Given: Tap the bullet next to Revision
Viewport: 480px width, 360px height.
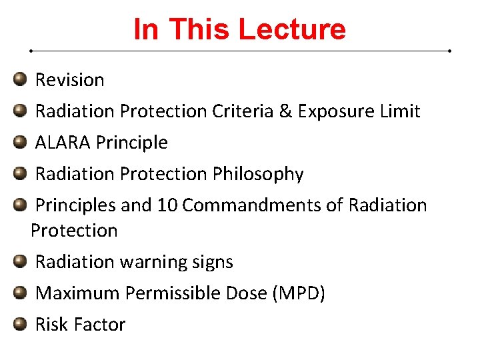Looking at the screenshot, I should tap(20, 80).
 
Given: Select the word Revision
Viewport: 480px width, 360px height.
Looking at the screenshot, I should tap(69, 80).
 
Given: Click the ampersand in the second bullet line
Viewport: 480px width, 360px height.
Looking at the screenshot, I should tap(285, 111).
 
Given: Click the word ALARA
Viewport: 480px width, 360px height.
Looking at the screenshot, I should tap(63, 143).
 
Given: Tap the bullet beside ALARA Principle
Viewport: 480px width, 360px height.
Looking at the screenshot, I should tap(20, 143).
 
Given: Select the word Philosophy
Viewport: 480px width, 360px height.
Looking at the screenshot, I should tap(258, 174).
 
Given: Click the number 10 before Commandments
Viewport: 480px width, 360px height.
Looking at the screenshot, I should tap(167, 205).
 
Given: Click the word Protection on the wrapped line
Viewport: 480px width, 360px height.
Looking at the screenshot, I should tap(74, 231).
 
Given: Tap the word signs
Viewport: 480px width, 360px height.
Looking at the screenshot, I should tap(211, 262).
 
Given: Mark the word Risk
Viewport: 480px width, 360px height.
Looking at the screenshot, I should tap(51, 325).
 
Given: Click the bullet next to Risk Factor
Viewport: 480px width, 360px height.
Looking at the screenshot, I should tap(20, 325).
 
